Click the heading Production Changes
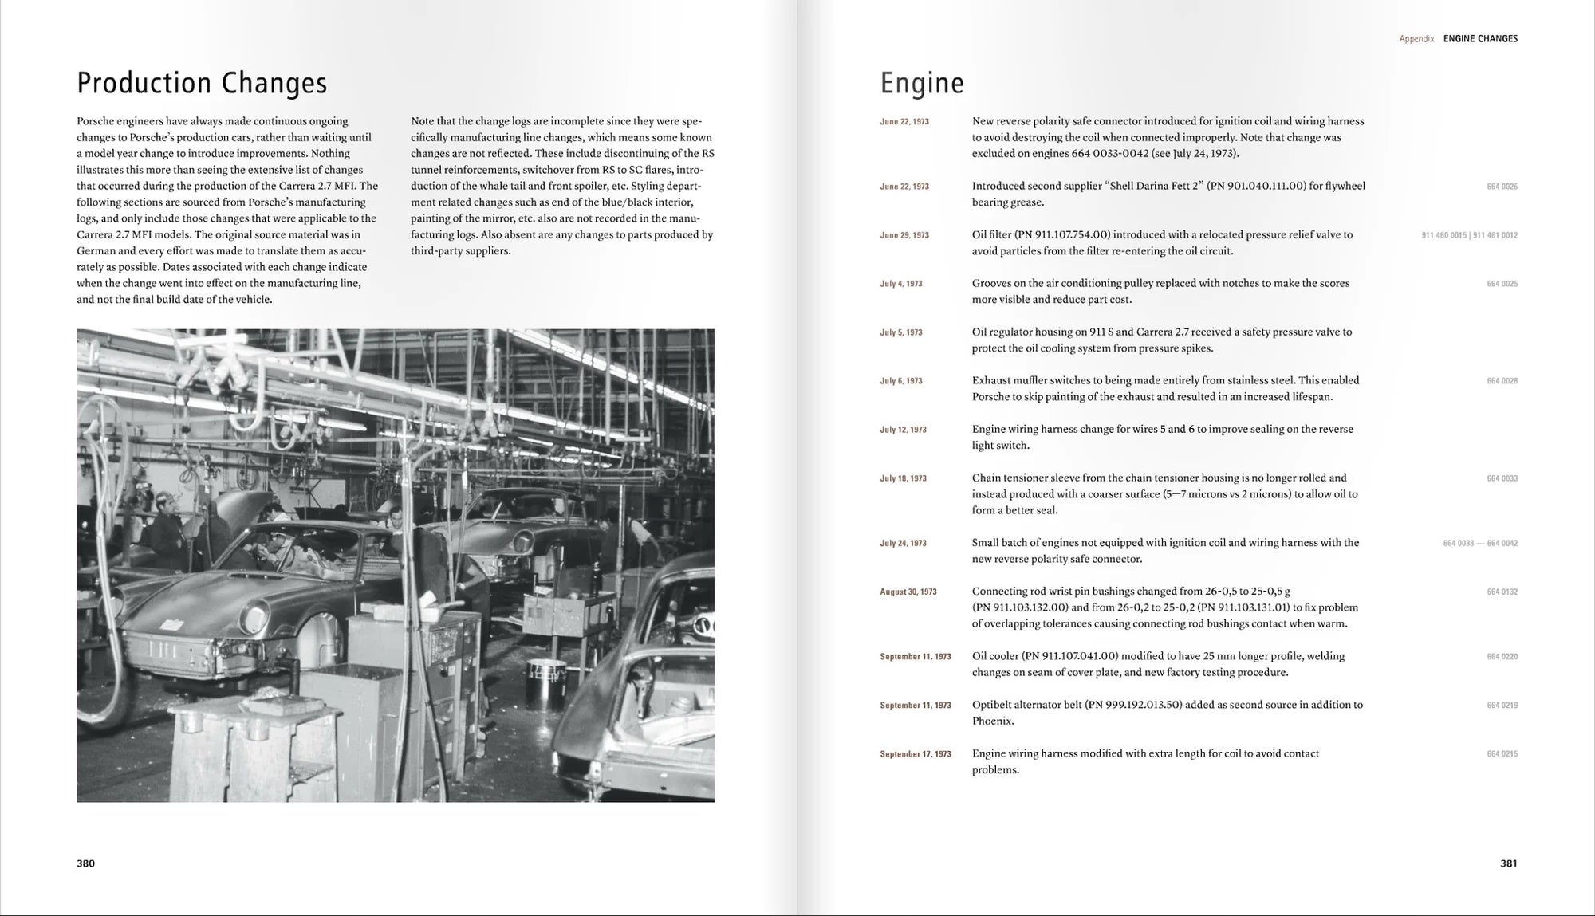coord(202,83)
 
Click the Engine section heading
coord(922,83)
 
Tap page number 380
coord(85,863)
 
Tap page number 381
coord(1508,863)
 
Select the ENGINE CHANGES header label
coord(1480,38)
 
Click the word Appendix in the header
coord(1416,38)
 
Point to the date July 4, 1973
coord(901,284)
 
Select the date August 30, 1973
coord(908,592)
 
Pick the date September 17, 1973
coord(916,753)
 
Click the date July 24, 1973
coord(903,543)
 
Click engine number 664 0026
coord(1502,187)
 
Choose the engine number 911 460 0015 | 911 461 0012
coord(1469,235)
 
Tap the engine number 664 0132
coord(1502,592)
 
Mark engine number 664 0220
coord(1502,656)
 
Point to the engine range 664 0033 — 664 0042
coord(1480,543)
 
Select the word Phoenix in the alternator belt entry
coord(992,721)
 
